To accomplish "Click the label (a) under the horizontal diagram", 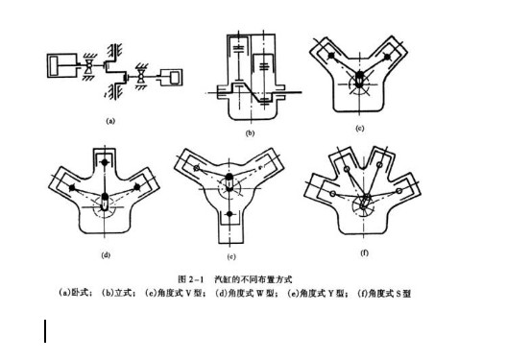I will [x=110, y=122].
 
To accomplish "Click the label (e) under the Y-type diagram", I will [x=230, y=257].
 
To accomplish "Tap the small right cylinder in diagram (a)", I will [x=175, y=75].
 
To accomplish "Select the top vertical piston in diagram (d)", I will [x=103, y=166].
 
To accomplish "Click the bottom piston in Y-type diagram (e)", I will [x=230, y=214].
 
